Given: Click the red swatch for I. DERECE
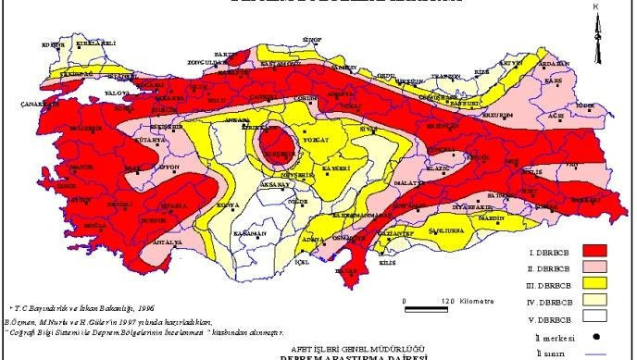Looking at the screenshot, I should (595, 250).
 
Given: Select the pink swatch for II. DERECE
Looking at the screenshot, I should (595, 266).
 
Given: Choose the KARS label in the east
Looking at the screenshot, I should (554, 81).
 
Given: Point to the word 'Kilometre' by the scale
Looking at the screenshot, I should (478, 302).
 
